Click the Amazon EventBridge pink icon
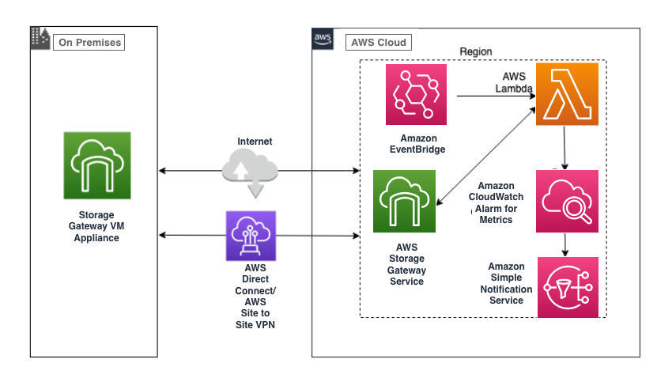pos(416,95)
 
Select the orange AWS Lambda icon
pos(566,95)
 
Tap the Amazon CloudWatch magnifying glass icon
pos(566,201)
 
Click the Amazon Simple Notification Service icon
pos(566,286)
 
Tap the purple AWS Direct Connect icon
pos(251,236)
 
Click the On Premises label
pos(89,41)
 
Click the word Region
pos(475,52)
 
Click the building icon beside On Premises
pos(40,37)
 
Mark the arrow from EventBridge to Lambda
pos(494,96)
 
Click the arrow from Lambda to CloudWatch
pos(564,147)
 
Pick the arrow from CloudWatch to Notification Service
pos(564,244)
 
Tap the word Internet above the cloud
pos(255,142)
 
